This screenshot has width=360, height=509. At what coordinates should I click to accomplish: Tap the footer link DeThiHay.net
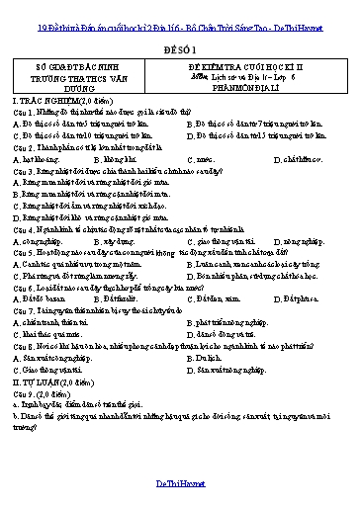179,485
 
